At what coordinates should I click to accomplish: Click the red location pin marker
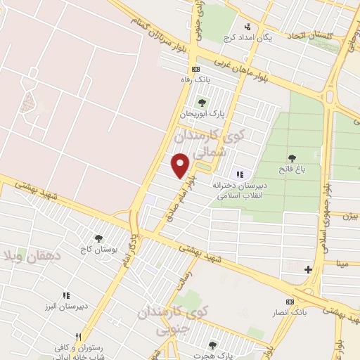click(181, 165)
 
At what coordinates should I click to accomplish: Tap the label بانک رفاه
click(195, 81)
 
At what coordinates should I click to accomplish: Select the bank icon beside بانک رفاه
click(195, 70)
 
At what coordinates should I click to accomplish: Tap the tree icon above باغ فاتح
click(292, 157)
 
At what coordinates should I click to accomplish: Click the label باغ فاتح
click(292, 169)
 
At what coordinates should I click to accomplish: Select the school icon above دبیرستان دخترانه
click(239, 174)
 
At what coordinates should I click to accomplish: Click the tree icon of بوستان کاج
click(98, 238)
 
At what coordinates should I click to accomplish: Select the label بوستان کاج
click(98, 250)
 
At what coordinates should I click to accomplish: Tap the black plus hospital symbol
click(307, 269)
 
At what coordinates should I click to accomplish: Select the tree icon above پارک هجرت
click(213, 345)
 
